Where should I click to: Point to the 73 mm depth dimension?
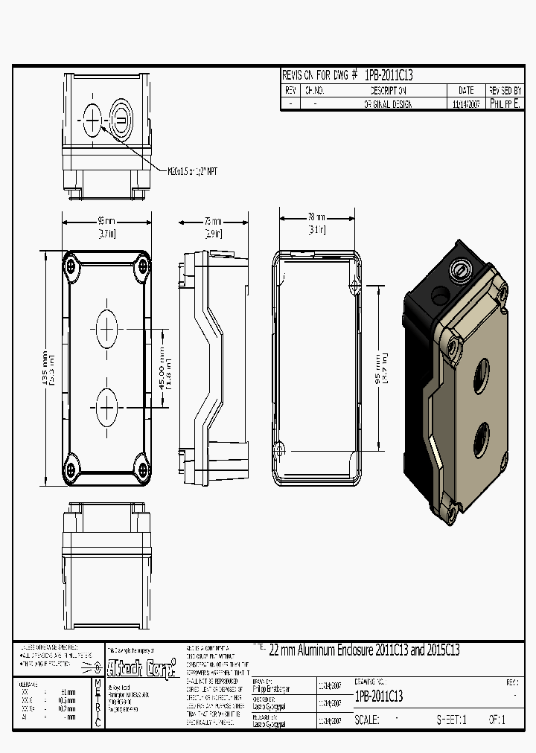point(213,222)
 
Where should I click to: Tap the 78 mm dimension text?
point(316,217)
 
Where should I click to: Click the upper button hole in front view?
point(106,327)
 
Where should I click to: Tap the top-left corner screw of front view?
point(71,266)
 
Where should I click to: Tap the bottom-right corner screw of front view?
point(141,469)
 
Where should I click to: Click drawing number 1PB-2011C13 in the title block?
point(379,696)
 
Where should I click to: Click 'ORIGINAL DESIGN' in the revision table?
point(388,105)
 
